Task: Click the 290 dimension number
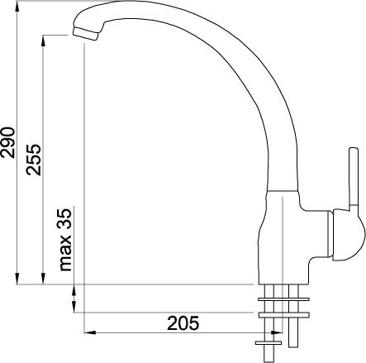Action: (7, 142)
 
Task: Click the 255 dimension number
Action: (34, 160)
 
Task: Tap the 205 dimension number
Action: (183, 323)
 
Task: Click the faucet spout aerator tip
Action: (85, 34)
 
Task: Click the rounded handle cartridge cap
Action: (349, 235)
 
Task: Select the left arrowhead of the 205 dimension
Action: (90, 332)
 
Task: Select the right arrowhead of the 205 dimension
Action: (277, 332)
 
